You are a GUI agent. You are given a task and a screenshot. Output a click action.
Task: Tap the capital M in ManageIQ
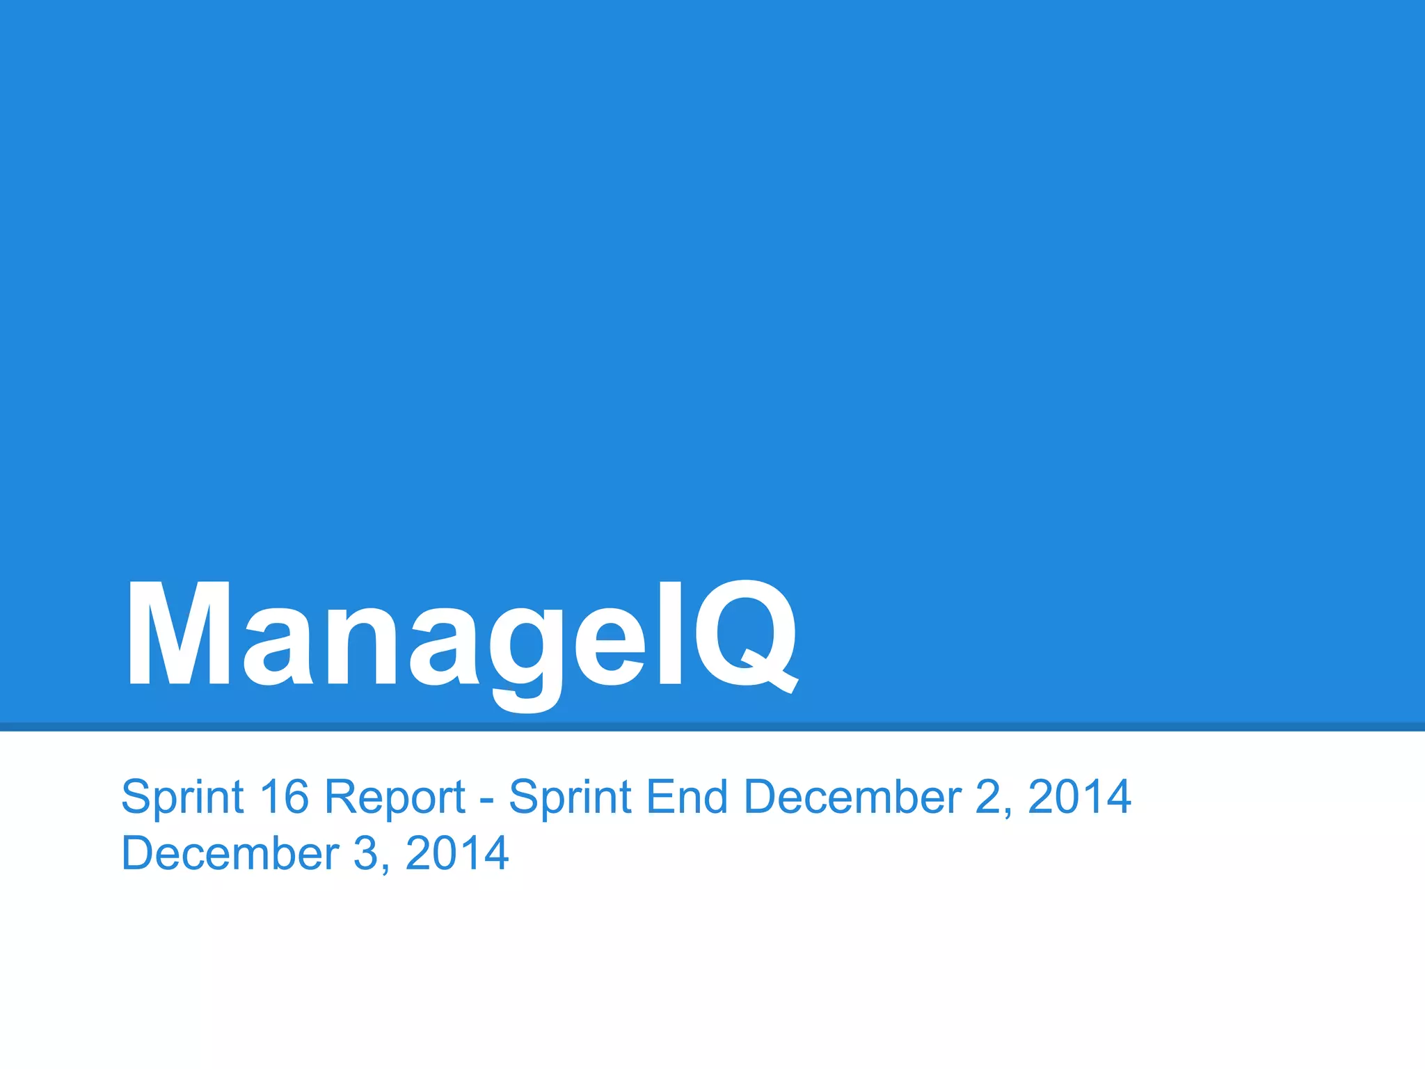pos(179,635)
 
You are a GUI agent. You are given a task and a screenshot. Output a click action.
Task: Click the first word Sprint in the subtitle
pos(182,798)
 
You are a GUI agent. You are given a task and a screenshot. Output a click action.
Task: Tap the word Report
pos(395,798)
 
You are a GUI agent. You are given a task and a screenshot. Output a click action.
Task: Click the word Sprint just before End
pos(570,798)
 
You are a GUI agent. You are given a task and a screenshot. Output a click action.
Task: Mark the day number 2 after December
pos(989,796)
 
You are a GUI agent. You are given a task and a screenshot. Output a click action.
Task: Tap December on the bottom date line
pos(230,853)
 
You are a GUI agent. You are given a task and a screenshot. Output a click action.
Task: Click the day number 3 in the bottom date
pos(366,853)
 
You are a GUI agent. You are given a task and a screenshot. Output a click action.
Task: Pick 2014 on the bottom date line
pos(456,853)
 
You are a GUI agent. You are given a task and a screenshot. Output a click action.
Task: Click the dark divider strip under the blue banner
pos(712,727)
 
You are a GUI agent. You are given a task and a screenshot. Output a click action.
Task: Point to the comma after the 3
pos(385,869)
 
